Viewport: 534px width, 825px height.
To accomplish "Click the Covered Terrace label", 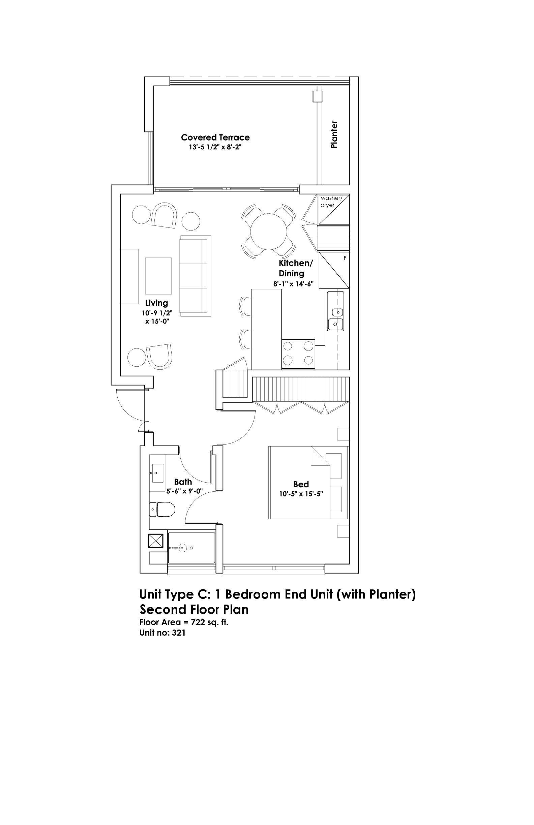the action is pos(215,137).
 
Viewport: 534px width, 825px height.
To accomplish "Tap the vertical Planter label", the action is pos(334,134).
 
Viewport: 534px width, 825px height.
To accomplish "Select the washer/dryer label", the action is pos(331,202).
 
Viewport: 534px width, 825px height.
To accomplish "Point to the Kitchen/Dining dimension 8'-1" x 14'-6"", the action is pos(293,284).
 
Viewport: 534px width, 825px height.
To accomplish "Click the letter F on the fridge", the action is pos(345,258).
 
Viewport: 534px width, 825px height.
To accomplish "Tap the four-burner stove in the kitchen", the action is pos(298,354).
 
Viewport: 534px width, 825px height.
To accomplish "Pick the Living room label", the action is pos(156,303).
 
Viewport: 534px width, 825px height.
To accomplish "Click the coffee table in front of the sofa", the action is pos(158,276).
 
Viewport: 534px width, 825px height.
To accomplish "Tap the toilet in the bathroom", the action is pos(162,510).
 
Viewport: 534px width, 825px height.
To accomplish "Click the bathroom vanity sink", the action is pos(157,473).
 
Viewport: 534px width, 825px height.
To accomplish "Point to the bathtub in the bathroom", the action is pos(191,548).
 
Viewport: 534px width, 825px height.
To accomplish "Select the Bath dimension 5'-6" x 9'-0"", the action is pos(184,491).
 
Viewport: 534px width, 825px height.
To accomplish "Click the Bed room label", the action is pos(301,484).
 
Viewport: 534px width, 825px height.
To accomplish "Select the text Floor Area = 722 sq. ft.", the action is pos(184,622).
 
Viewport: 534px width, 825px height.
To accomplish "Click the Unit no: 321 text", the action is pos(162,633).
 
